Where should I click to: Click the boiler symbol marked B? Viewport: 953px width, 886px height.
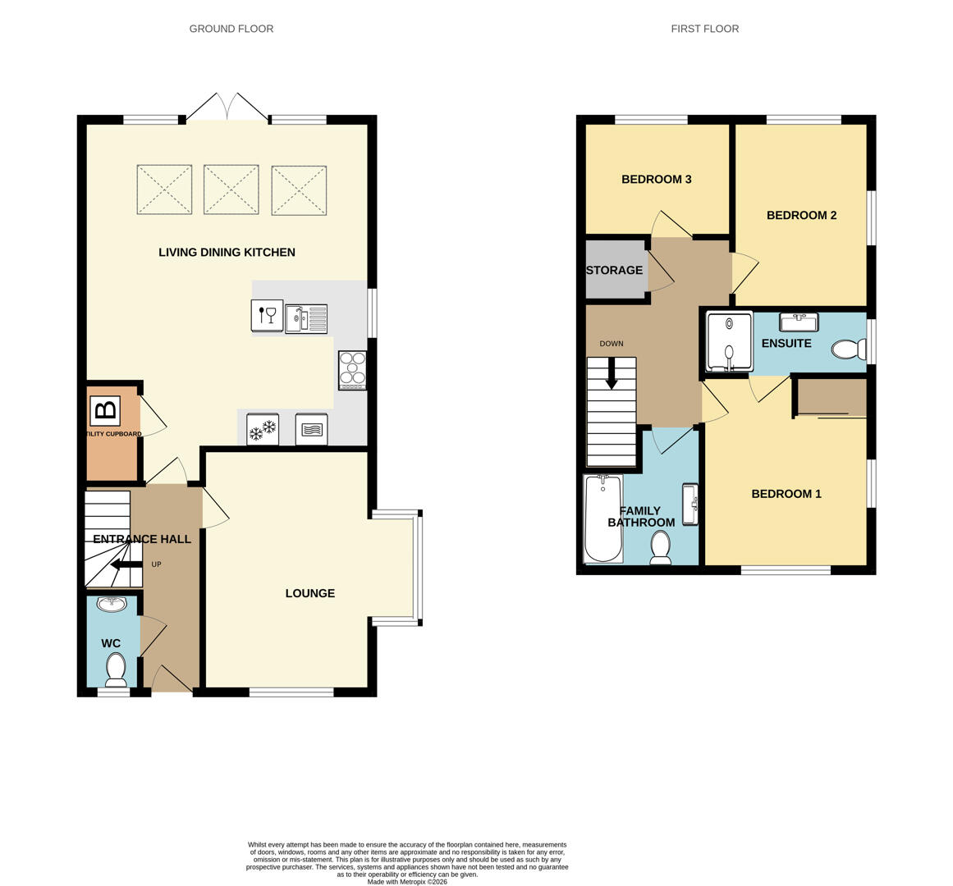click(x=105, y=410)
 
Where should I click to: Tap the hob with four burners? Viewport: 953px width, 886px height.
click(x=352, y=370)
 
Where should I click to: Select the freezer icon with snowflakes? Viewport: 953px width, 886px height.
click(x=263, y=430)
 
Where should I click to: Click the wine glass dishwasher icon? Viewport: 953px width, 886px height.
click(x=267, y=315)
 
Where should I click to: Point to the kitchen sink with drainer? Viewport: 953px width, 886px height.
click(x=306, y=318)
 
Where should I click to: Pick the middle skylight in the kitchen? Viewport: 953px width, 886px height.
click(x=231, y=190)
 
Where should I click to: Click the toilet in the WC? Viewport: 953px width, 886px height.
click(x=116, y=669)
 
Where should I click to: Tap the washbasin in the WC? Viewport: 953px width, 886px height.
click(x=112, y=605)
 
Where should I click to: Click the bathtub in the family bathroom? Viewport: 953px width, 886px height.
click(x=602, y=518)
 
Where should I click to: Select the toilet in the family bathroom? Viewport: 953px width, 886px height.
click(x=661, y=547)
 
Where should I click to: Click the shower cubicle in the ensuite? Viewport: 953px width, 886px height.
click(x=729, y=342)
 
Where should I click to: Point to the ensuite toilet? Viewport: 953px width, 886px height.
click(x=848, y=349)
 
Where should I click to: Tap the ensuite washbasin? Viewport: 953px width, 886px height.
click(x=798, y=322)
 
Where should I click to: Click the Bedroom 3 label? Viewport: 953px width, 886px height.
click(x=656, y=180)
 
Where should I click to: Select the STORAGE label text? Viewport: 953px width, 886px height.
click(x=614, y=270)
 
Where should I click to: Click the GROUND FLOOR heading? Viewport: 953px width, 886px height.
click(x=231, y=29)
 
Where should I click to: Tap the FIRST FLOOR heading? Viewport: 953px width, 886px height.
click(x=704, y=29)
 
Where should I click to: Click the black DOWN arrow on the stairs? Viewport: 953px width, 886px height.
click(x=612, y=374)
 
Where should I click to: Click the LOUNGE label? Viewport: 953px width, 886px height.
click(x=309, y=593)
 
